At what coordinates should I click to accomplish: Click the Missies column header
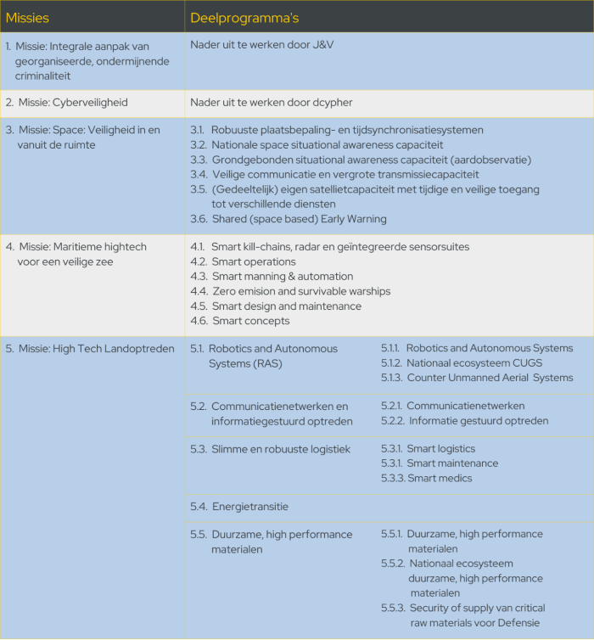coord(26,17)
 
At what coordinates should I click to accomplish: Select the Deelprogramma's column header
coord(244,17)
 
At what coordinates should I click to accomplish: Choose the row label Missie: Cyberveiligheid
coord(72,102)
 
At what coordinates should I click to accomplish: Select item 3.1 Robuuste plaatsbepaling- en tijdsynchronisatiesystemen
coord(337,130)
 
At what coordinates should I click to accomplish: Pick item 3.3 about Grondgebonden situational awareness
coord(361,160)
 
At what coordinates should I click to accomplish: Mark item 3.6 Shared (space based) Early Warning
coord(289,219)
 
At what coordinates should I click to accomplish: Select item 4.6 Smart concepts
coord(240,321)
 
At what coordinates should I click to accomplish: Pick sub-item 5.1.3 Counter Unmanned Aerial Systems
coord(477,378)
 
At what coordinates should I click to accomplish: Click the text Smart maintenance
coord(452,463)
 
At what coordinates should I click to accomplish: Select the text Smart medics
coord(439,478)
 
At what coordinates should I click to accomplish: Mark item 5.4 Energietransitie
coord(239,507)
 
